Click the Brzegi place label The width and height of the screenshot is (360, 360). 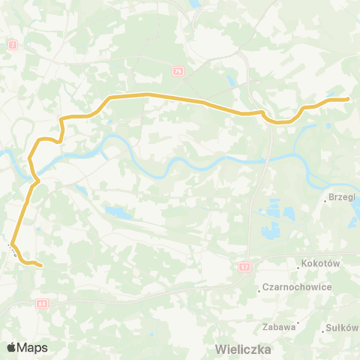coord(343,199)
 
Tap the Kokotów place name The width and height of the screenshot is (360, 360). coord(322,264)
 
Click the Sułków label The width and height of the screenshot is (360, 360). coord(343,328)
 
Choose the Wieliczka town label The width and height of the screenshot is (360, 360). coord(242,349)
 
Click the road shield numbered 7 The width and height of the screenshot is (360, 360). coord(12,45)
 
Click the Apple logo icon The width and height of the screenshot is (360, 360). coord(12,347)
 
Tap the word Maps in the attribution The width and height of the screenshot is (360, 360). coord(32,347)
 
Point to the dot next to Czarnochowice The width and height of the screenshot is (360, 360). coord(259,289)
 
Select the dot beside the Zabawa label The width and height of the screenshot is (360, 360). coord(298,325)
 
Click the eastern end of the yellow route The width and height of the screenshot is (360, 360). coord(348,99)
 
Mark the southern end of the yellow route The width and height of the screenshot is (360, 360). coord(40,265)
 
